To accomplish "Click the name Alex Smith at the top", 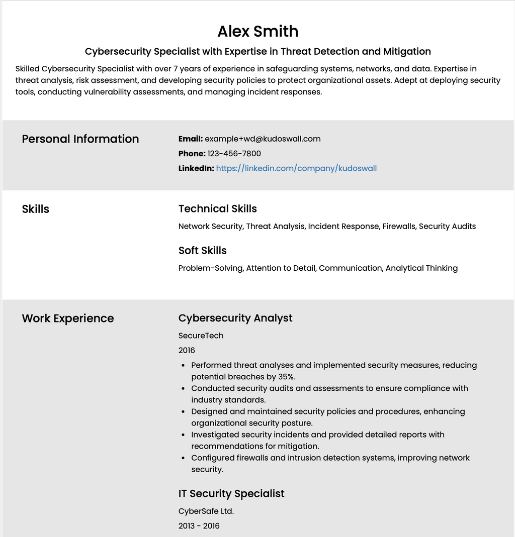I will [x=257, y=31].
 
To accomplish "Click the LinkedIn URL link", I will [x=296, y=168].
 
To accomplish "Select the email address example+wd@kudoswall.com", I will [x=263, y=139].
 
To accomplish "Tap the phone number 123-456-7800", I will [x=234, y=154].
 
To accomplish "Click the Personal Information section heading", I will [x=80, y=139].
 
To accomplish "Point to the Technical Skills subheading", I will [x=217, y=208].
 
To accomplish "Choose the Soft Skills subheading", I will [x=202, y=250].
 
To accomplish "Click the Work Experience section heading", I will [x=68, y=318].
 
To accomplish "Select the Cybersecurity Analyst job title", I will [x=235, y=318].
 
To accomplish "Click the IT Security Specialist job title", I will [x=231, y=493].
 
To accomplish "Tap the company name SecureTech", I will [x=201, y=336].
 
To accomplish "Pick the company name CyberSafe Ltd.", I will [x=206, y=511].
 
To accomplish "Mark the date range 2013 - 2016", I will [x=199, y=526].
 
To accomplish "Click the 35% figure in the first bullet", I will [x=287, y=377].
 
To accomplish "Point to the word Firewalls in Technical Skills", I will [x=399, y=227].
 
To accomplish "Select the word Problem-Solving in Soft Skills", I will [x=211, y=268].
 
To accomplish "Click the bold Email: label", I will [x=190, y=139].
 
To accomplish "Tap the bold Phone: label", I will [x=192, y=154].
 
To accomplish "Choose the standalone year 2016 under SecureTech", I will [x=187, y=350].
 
